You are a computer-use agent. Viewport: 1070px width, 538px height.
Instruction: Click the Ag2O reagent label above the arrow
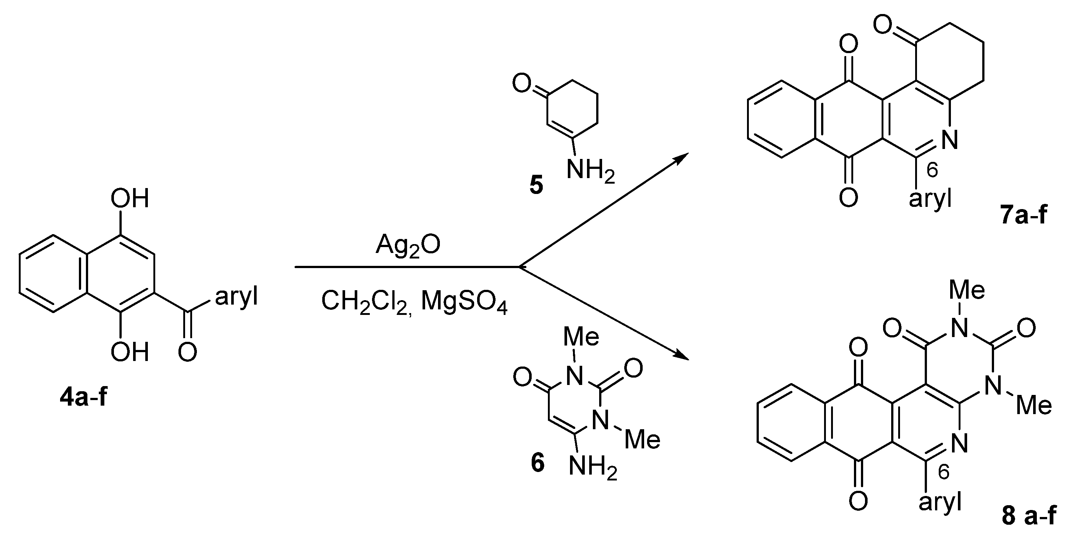coord(407,246)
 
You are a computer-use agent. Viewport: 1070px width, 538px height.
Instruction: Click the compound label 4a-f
coord(83,398)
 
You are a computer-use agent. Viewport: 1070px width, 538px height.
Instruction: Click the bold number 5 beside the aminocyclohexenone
coord(536,186)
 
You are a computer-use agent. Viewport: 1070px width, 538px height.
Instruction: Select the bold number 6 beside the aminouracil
coord(538,464)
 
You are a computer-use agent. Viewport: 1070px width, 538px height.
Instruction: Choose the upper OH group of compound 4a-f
coord(129,199)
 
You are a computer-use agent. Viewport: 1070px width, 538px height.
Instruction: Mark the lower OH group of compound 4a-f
coord(129,352)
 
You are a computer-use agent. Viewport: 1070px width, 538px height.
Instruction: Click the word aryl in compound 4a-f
coord(236,297)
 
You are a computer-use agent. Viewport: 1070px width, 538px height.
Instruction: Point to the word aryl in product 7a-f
coord(930,201)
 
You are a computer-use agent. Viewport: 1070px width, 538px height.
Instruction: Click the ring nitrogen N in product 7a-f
coord(949,139)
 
